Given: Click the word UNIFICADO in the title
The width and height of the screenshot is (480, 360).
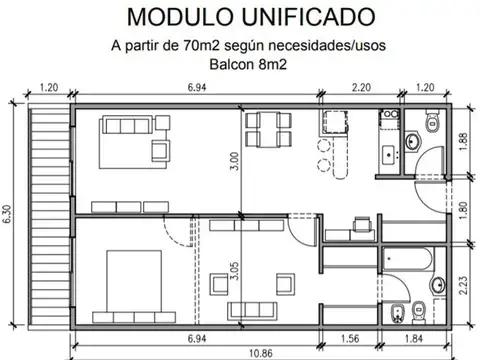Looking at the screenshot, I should [x=305, y=17].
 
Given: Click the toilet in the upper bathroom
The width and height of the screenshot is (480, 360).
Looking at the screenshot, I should [x=432, y=123].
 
